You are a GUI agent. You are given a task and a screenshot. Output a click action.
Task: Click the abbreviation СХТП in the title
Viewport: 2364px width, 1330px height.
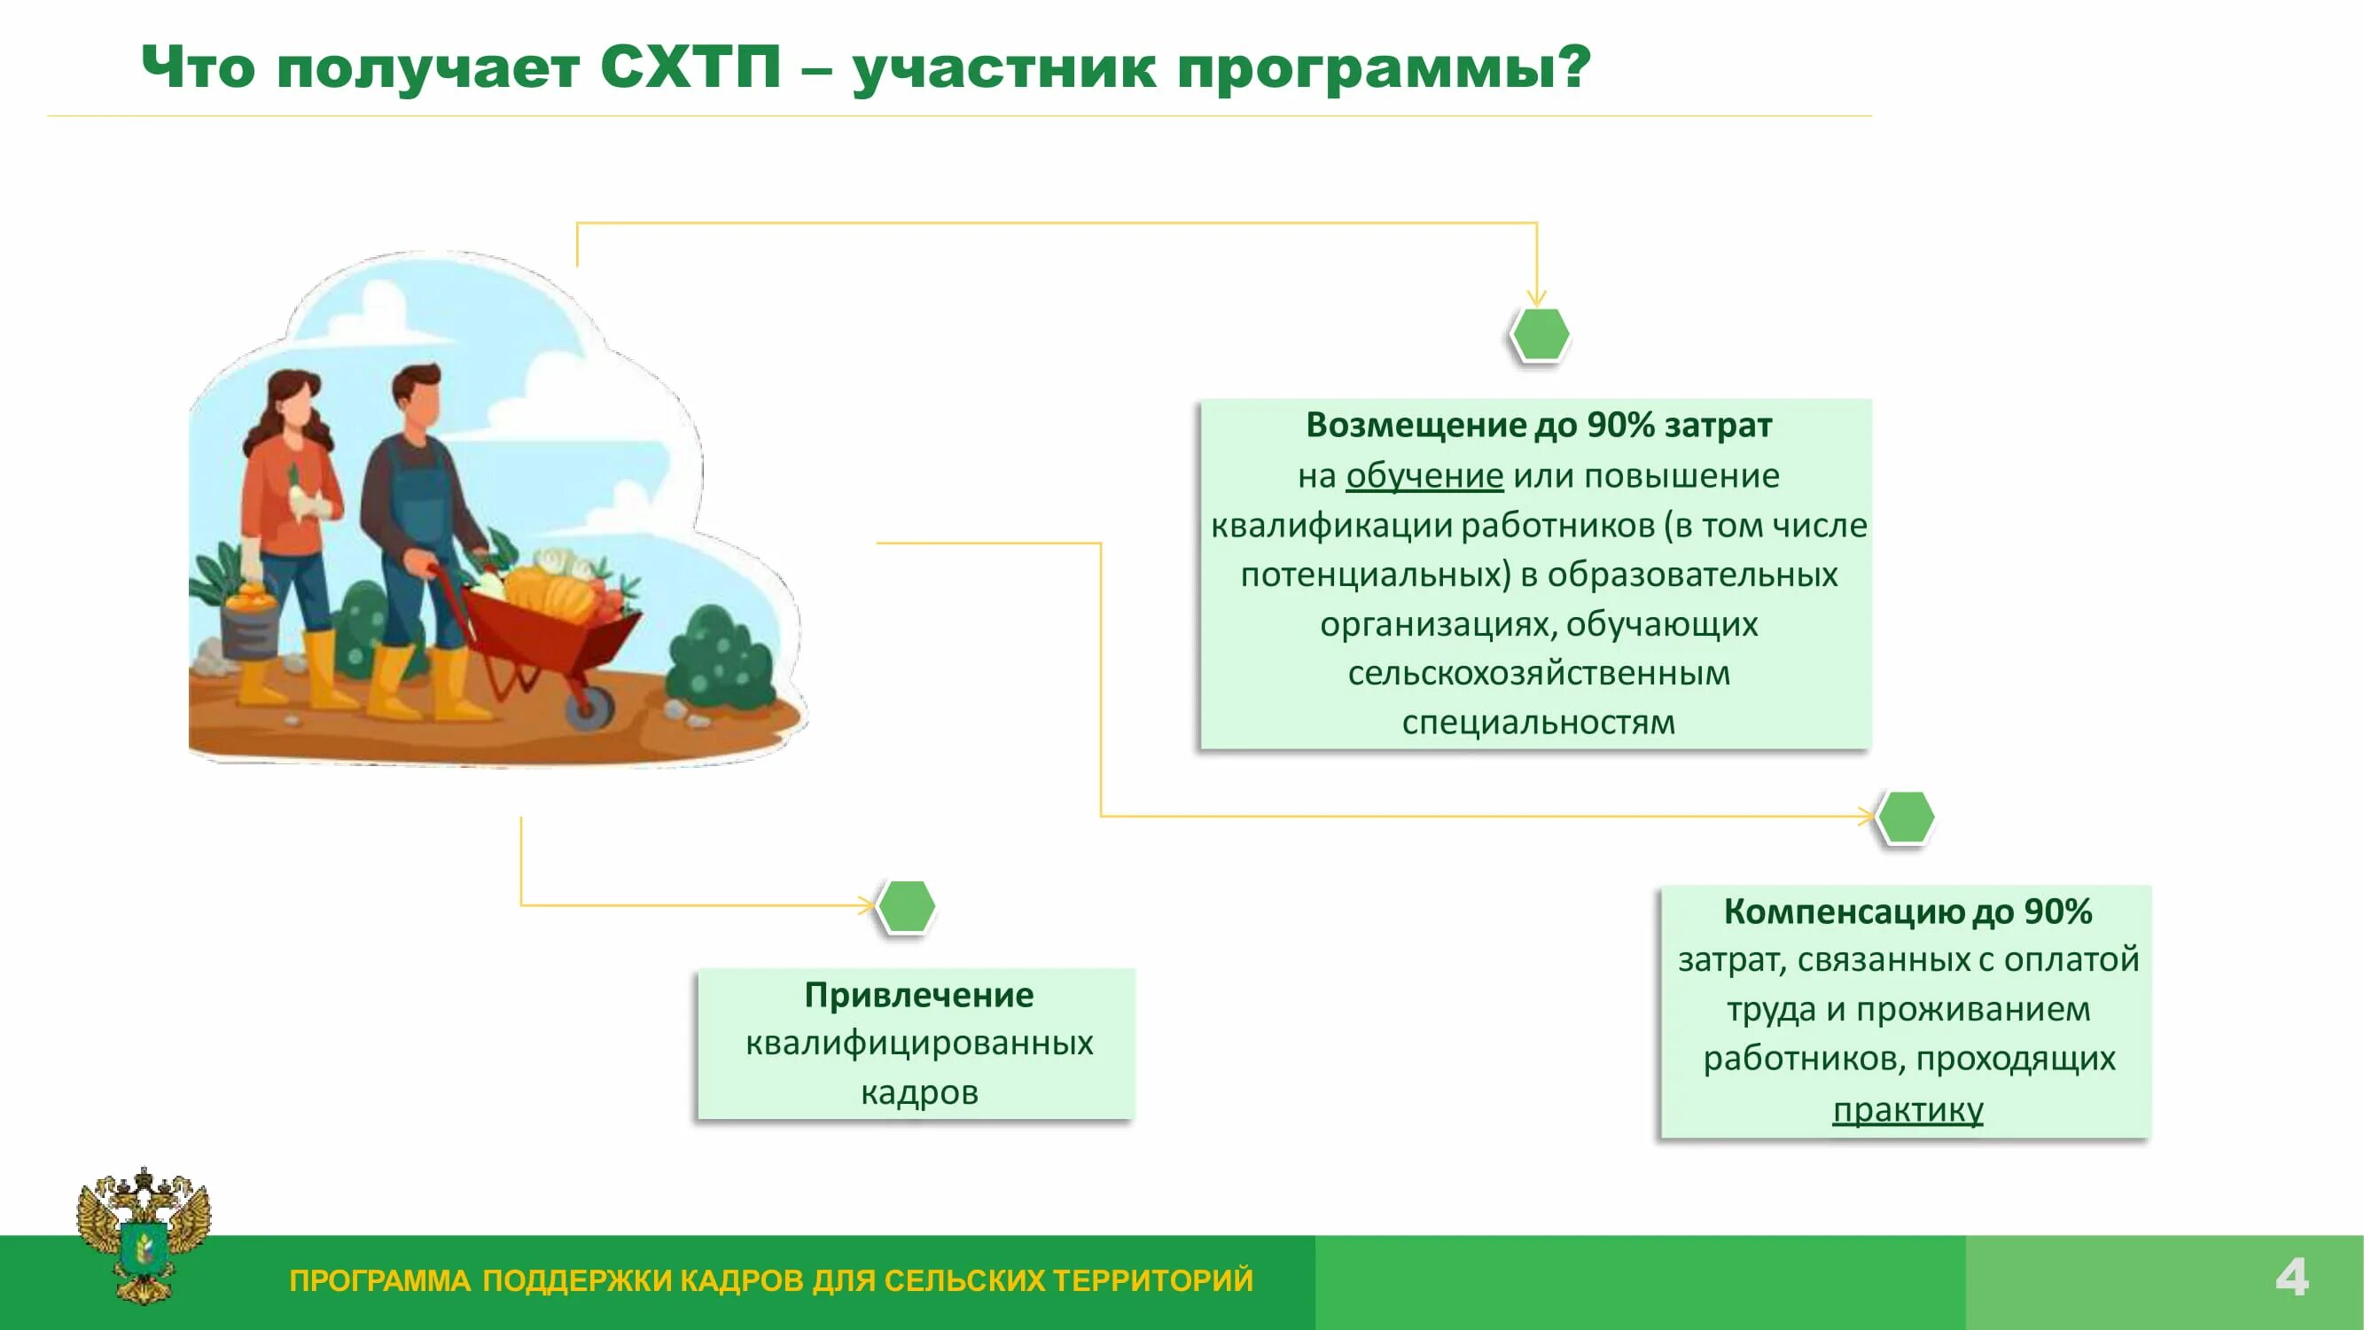pyautogui.click(x=690, y=68)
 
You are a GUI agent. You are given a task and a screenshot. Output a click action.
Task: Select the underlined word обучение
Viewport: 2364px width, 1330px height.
pyautogui.click(x=1424, y=475)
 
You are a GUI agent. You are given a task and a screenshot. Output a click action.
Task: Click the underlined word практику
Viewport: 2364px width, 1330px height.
pyautogui.click(x=1908, y=1110)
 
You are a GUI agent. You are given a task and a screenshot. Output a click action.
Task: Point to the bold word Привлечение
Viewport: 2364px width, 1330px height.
pyautogui.click(x=918, y=995)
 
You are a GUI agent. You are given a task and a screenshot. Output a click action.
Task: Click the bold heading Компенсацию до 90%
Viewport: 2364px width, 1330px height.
pyautogui.click(x=1908, y=911)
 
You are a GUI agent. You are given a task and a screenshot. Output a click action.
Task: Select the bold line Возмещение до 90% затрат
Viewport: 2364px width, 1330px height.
pyautogui.click(x=1538, y=425)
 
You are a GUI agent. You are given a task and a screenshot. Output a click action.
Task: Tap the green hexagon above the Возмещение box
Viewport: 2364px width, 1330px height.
pyautogui.click(x=1540, y=334)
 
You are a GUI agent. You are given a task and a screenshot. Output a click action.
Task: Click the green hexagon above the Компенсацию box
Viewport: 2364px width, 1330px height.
pyautogui.click(x=1905, y=817)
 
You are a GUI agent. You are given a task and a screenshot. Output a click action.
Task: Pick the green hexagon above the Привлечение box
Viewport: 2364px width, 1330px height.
pyautogui.click(x=907, y=907)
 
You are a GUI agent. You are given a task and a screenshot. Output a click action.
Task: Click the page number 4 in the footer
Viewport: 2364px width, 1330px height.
pyautogui.click(x=2291, y=1278)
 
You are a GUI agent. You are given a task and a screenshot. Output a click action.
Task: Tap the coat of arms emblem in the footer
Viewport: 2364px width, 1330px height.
pyautogui.click(x=144, y=1234)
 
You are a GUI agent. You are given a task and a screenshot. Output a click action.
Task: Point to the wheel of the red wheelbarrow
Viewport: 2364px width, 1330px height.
pyautogui.click(x=589, y=707)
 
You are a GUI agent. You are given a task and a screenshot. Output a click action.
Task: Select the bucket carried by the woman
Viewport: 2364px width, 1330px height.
pyautogui.click(x=249, y=627)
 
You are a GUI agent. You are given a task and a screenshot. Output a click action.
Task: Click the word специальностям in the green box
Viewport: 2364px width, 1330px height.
pyautogui.click(x=1538, y=723)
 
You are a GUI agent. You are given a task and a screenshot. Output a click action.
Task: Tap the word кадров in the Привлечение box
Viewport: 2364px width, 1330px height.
pyautogui.click(x=918, y=1092)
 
